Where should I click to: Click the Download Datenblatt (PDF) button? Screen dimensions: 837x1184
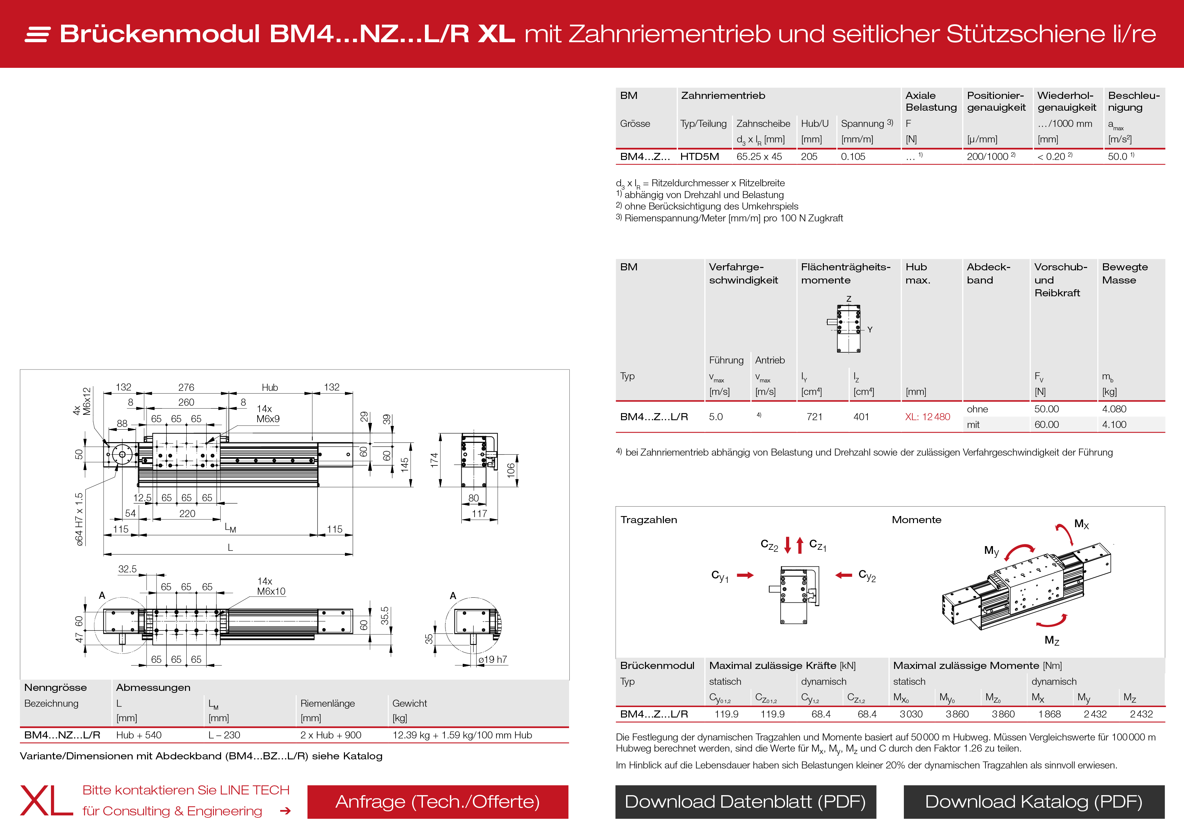pos(745,802)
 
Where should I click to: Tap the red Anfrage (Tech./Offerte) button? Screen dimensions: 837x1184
pos(437,802)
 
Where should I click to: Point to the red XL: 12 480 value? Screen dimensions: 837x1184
pos(927,417)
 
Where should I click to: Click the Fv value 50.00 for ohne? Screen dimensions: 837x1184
pos(1046,409)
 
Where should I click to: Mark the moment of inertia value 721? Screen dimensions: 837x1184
pos(814,417)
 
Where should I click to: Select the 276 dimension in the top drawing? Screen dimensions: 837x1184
pos(186,387)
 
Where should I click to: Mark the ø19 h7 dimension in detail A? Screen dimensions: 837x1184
pos(492,659)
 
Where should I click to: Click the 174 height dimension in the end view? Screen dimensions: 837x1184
pos(434,460)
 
